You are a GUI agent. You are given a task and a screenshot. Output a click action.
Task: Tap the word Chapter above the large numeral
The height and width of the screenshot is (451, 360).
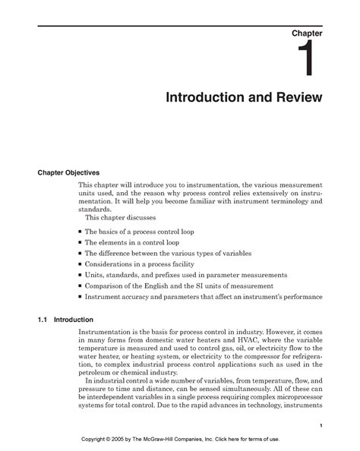tap(306, 34)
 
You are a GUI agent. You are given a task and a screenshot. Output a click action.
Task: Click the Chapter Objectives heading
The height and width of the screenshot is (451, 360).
tap(74, 172)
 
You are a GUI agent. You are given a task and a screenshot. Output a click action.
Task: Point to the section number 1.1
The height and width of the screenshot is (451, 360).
tap(43, 320)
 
